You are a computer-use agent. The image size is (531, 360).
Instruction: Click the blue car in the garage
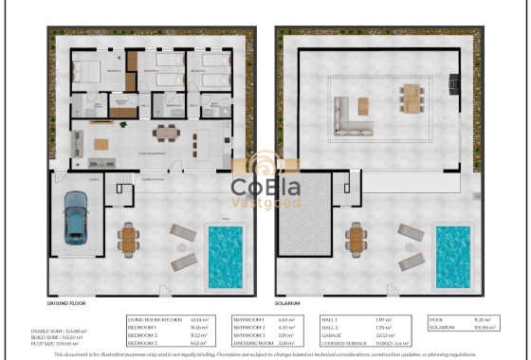[75, 218]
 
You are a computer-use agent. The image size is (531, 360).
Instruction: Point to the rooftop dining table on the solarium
[410, 98]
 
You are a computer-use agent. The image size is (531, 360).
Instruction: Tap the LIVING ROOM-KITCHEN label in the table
[152, 320]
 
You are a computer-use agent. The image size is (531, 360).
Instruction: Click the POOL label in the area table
[436, 320]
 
